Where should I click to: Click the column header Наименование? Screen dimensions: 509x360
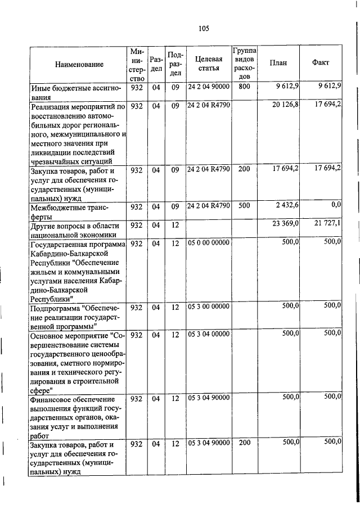pos(79,64)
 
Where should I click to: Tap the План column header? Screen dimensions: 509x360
pos(278,63)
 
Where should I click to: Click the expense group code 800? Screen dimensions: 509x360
pos(244,87)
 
